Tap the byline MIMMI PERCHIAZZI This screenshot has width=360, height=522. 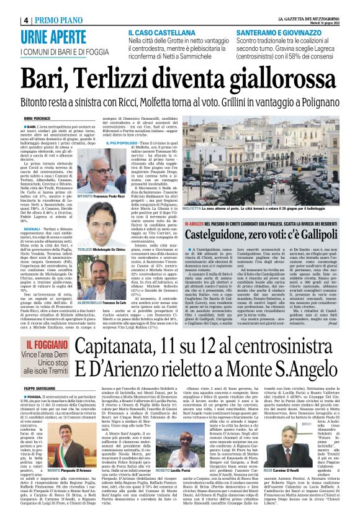37,118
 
